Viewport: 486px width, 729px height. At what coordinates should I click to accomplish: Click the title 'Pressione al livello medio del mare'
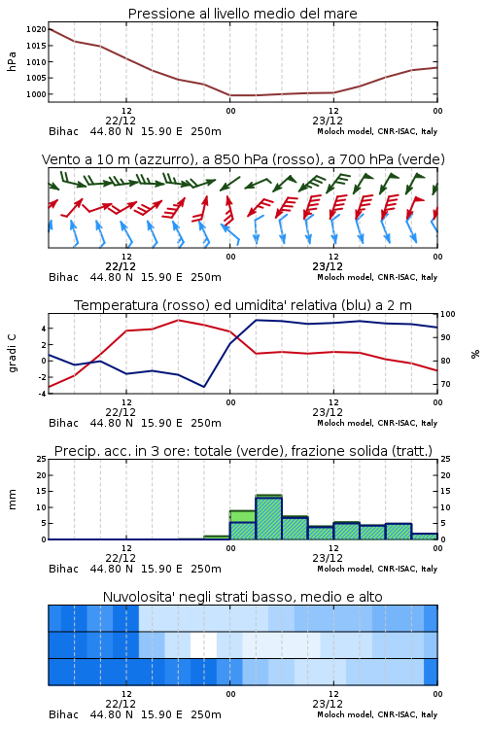[x=242, y=14]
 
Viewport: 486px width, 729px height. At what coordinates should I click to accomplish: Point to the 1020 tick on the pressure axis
[x=36, y=29]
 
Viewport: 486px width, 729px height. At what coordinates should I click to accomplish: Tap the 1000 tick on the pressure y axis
[x=36, y=94]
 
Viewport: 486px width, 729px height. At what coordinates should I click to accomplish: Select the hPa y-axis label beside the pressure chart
[x=12, y=62]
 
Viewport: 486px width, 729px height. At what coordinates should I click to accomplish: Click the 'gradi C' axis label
[x=12, y=354]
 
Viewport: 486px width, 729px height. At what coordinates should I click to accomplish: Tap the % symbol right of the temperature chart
[x=475, y=354]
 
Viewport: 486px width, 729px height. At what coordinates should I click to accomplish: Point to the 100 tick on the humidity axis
[x=447, y=314]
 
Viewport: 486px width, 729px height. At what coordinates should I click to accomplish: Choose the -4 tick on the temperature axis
[x=43, y=394]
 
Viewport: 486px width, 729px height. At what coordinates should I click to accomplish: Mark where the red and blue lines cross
[x=235, y=337]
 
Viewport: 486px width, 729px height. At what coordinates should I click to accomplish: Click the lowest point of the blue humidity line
[x=204, y=387]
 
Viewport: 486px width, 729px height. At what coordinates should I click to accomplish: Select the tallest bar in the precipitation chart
[x=269, y=517]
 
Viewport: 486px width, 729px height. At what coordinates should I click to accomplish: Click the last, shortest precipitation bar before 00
[x=425, y=537]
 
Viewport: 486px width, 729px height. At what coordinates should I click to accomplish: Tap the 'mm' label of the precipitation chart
[x=12, y=500]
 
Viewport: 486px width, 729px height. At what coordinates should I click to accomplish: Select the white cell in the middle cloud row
[x=204, y=644]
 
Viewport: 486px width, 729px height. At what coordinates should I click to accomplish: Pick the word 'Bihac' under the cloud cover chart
[x=64, y=714]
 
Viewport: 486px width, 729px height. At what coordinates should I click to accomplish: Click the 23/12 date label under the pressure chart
[x=328, y=121]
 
